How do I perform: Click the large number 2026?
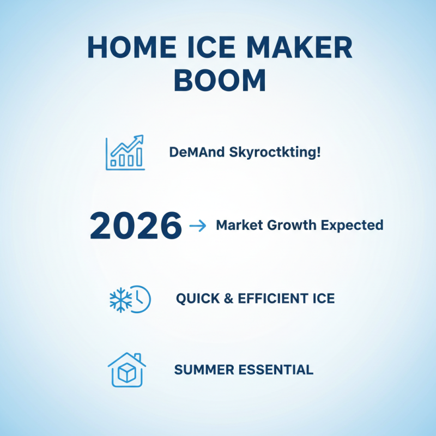[136, 226]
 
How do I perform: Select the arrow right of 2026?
[197, 226]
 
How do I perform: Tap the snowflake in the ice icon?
[119, 299]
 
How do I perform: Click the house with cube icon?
[126, 370]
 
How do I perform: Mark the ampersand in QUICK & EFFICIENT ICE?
[226, 299]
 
